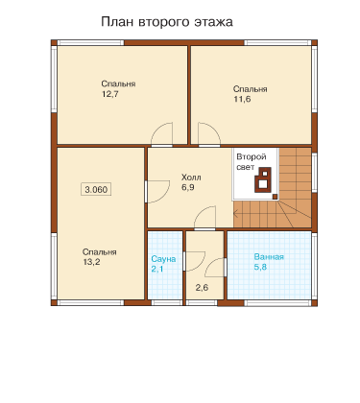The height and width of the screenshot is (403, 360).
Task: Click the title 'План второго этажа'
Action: click(x=167, y=22)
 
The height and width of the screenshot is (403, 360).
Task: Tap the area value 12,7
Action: click(x=110, y=94)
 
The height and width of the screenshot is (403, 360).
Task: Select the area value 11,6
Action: click(x=242, y=99)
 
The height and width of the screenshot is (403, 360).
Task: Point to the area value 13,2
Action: click(x=91, y=262)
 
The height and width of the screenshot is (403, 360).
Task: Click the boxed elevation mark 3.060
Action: click(x=96, y=189)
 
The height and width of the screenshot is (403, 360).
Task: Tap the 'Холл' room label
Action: click(x=191, y=178)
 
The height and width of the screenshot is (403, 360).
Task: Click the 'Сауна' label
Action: click(x=163, y=259)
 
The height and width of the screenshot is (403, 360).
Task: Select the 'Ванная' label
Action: click(x=269, y=257)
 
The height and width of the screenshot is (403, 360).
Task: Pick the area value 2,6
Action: click(x=202, y=288)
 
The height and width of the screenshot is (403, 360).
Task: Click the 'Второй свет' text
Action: click(x=252, y=162)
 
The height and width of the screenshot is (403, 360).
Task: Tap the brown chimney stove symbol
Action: click(x=263, y=179)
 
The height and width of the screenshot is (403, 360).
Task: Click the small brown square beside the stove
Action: click(x=275, y=197)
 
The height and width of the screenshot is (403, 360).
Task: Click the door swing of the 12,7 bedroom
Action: click(x=161, y=134)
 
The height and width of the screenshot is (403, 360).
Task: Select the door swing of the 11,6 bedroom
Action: click(x=209, y=134)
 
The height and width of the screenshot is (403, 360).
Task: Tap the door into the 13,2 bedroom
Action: click(x=157, y=192)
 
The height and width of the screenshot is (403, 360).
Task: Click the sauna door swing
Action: click(x=195, y=262)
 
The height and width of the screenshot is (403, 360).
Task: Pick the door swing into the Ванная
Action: click(x=215, y=268)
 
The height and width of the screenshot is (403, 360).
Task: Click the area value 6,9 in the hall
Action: click(x=188, y=187)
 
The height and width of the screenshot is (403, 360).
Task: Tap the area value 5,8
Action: click(x=260, y=267)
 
